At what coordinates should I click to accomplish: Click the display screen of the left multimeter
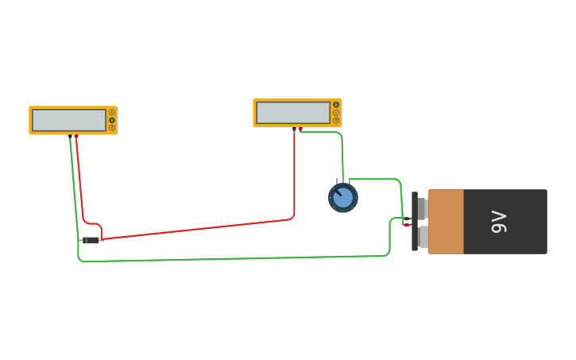[69, 120]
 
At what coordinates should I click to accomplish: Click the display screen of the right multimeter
[293, 113]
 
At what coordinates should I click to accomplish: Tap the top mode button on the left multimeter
[112, 112]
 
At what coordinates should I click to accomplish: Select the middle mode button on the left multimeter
[112, 120]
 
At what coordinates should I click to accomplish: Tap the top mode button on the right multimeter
[336, 105]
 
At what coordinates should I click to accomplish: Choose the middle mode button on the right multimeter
[336, 113]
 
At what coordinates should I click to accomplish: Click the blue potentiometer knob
[343, 198]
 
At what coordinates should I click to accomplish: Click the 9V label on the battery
[498, 222]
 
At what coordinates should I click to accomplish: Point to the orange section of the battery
[446, 222]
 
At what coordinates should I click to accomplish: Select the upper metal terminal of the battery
[423, 208]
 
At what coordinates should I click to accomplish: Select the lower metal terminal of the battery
[423, 236]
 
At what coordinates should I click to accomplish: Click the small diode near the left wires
[91, 240]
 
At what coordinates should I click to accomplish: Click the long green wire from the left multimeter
[238, 258]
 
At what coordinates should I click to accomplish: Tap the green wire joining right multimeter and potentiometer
[341, 151]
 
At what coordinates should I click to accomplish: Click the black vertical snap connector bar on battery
[415, 222]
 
